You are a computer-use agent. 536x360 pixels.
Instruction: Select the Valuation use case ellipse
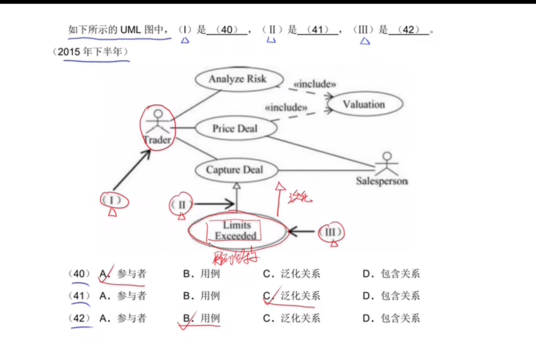[364, 104]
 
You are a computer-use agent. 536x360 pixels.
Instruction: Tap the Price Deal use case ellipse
[236, 128]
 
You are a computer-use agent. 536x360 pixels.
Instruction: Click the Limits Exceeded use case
[237, 230]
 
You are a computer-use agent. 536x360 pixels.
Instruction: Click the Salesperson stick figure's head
[387, 156]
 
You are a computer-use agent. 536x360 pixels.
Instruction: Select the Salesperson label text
[382, 181]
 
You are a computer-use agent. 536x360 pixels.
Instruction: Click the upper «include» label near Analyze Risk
[315, 84]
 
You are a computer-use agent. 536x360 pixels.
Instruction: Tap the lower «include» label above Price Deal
[286, 108]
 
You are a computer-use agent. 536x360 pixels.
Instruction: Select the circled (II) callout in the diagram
[181, 205]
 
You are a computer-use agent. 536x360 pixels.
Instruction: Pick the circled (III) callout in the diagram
[330, 233]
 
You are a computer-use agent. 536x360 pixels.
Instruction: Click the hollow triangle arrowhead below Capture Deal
[237, 186]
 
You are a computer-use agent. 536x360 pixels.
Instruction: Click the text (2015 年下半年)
[90, 52]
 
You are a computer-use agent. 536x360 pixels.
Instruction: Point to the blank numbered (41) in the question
[317, 30]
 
